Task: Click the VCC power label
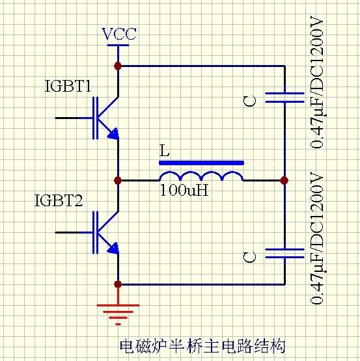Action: (119, 34)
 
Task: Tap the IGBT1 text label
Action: (68, 86)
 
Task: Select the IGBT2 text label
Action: (59, 200)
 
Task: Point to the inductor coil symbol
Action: (201, 176)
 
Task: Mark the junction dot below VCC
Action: (118, 66)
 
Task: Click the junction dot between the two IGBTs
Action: (118, 180)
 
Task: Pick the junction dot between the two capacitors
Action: (284, 180)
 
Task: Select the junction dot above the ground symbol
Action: (118, 284)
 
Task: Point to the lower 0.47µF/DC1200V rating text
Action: (317, 238)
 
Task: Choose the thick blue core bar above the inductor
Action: (201, 162)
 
